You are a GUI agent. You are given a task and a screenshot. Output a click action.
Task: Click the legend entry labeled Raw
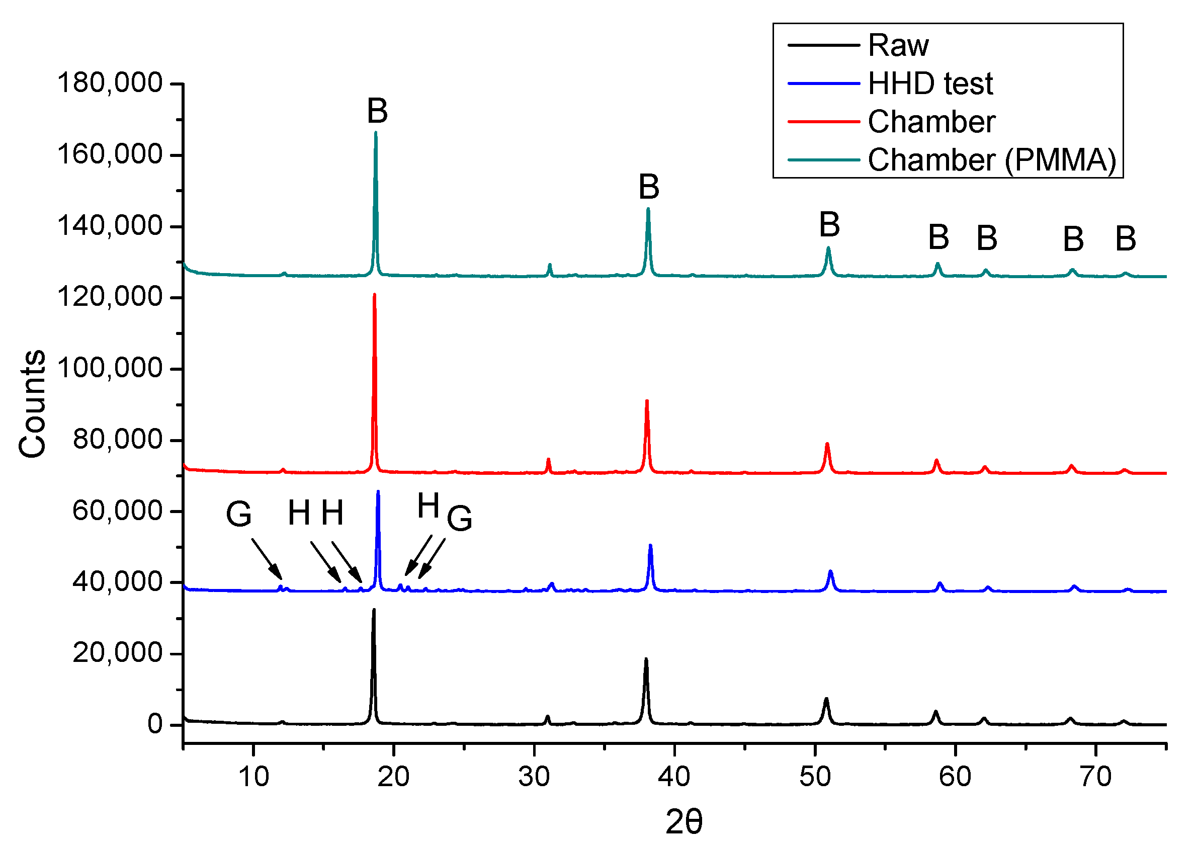tap(897, 45)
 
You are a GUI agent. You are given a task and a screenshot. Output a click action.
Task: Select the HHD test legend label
tap(929, 83)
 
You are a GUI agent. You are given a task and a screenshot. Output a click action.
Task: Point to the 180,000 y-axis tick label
tap(110, 83)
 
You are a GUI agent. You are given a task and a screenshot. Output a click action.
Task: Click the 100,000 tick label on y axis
tap(110, 369)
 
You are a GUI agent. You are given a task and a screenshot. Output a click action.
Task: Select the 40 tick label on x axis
tap(674, 777)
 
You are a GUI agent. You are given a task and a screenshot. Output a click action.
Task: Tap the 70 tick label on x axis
tap(1095, 777)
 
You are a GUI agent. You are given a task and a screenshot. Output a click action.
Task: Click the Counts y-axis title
tap(32, 404)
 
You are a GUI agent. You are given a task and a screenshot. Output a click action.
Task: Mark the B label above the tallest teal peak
tap(377, 111)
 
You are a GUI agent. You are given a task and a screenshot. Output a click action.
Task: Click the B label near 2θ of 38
tap(649, 187)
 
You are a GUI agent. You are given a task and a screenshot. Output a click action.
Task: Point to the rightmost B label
tap(1126, 239)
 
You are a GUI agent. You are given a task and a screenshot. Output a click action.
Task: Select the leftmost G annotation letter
tap(239, 514)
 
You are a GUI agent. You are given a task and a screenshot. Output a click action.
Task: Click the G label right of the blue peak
tap(459, 519)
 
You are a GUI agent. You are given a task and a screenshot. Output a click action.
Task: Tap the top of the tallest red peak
tap(374, 295)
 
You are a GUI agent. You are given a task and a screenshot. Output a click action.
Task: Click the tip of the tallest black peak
tap(374, 610)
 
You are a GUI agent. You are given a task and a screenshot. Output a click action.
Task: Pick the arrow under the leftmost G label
tap(267, 559)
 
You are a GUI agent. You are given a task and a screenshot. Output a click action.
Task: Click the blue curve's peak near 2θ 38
tap(650, 546)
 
